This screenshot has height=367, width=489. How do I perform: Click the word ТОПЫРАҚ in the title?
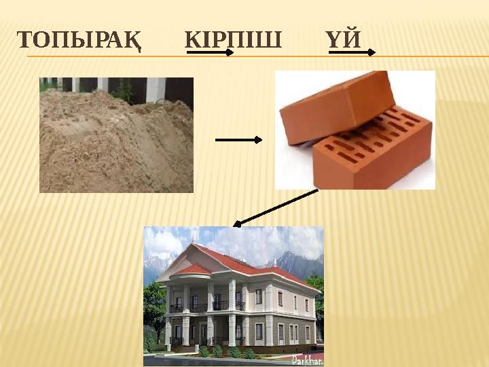click(79, 40)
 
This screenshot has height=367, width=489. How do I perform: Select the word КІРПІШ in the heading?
click(233, 40)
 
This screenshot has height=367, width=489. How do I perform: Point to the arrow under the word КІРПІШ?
click(211, 51)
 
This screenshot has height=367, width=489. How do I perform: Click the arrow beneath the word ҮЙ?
click(352, 51)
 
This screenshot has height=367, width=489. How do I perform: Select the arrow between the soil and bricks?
click(238, 140)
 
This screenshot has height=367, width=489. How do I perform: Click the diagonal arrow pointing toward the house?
click(275, 207)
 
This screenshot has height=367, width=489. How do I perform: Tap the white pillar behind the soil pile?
click(156, 88)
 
